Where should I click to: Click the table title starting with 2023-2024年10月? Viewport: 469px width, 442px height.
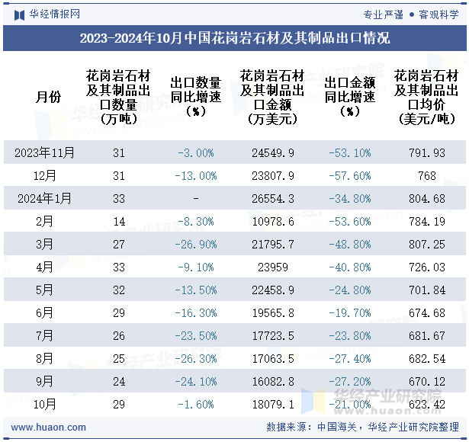tap(234, 38)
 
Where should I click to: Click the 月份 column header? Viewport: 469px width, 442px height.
tap(45, 96)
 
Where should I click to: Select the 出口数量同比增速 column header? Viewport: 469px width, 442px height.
tap(196, 96)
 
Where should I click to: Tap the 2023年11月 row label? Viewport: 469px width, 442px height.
tap(45, 152)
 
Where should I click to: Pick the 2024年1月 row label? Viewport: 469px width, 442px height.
tap(45, 198)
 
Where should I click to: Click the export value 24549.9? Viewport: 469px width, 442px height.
tap(273, 152)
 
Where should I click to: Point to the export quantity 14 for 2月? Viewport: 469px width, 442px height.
tap(118, 221)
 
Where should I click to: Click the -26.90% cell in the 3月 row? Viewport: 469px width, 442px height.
tap(196, 244)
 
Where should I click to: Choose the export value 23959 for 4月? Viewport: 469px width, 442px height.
tap(273, 267)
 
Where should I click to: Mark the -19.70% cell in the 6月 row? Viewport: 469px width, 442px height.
tap(349, 312)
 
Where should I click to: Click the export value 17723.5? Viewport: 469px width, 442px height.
tap(273, 335)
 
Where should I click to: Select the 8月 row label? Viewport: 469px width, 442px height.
tap(45, 358)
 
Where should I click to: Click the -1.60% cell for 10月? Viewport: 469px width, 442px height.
tap(196, 404)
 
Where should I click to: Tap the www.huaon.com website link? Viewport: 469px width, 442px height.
tap(43, 428)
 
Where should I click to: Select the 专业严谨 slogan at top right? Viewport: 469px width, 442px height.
tap(383, 14)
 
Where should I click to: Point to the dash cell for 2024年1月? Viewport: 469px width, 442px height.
tap(196, 198)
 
